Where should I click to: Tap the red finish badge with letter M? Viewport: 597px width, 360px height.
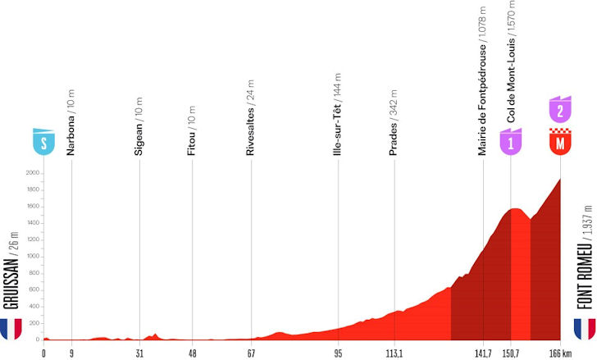560,143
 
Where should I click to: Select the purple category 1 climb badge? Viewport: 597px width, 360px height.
511,143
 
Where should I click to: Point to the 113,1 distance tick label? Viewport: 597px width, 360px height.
394,353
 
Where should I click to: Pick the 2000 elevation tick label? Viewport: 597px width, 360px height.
33,173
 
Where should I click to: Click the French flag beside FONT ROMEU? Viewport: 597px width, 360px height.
584,329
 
